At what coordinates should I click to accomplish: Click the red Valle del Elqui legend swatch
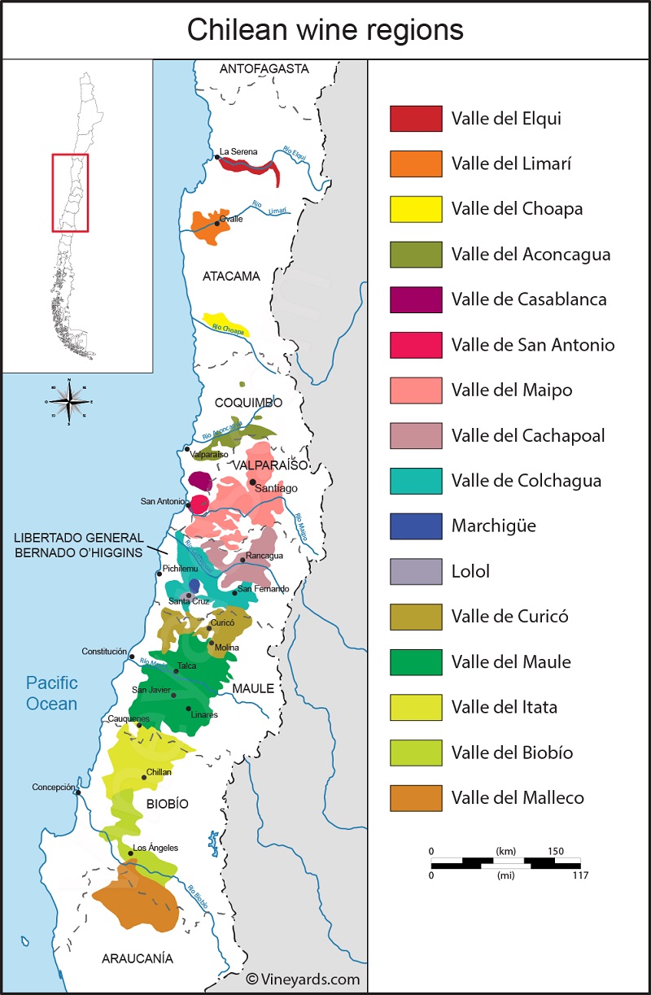point(416,119)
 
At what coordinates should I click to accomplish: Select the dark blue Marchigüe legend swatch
point(416,526)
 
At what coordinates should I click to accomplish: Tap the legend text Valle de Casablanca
point(529,299)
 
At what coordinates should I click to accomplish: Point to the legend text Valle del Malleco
point(518,797)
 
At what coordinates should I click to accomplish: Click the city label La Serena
point(238,152)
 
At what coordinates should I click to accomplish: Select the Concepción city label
point(54,787)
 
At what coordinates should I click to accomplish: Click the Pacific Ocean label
point(51,693)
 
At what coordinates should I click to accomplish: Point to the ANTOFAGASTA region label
point(264,69)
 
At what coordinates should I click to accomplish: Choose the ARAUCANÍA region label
point(138,958)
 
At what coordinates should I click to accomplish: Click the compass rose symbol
point(70,400)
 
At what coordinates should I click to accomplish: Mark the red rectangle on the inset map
point(70,193)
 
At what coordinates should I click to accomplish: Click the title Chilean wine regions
point(325,30)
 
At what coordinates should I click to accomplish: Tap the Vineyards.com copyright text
point(303,980)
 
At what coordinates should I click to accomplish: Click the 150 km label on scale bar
point(556,851)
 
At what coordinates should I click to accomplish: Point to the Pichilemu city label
point(180,569)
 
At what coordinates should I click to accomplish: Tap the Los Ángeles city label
point(155,848)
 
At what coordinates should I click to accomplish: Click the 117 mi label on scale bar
point(579,875)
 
